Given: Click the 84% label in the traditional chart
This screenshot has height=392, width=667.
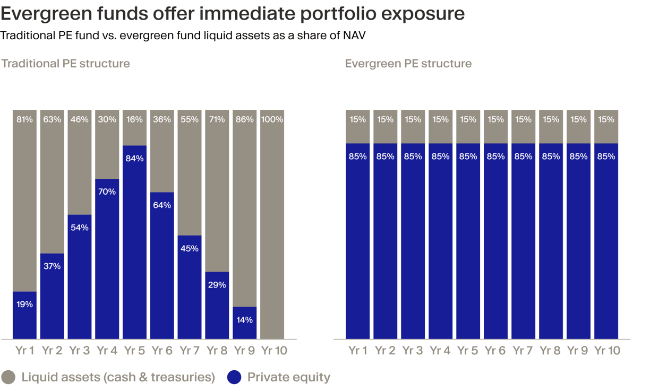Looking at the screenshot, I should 134,158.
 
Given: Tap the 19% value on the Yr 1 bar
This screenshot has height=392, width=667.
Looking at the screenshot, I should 24,304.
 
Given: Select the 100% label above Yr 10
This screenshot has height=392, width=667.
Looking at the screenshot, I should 272,119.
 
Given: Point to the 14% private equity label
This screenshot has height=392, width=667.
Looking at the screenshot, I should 244,320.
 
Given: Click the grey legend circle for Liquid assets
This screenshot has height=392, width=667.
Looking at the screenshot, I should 8,377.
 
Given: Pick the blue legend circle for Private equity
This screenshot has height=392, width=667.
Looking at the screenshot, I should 234,377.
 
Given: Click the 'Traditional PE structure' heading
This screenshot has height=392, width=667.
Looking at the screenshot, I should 65,64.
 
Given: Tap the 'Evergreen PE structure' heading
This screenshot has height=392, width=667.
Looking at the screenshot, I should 408,64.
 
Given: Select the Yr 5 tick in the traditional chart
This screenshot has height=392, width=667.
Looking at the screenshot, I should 134,351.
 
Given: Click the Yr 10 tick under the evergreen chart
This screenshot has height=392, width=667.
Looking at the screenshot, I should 607,351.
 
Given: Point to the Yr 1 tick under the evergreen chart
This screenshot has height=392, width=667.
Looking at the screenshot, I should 358,351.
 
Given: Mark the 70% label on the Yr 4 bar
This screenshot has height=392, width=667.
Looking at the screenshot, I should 107,191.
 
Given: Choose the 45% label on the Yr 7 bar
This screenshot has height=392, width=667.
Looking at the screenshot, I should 190,248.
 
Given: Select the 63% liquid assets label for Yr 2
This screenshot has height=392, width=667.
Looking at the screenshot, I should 52,119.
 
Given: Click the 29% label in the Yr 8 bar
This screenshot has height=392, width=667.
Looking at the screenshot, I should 217,285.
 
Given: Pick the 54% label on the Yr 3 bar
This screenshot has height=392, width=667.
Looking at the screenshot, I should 80,228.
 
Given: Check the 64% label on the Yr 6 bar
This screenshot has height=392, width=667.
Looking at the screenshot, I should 162,205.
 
